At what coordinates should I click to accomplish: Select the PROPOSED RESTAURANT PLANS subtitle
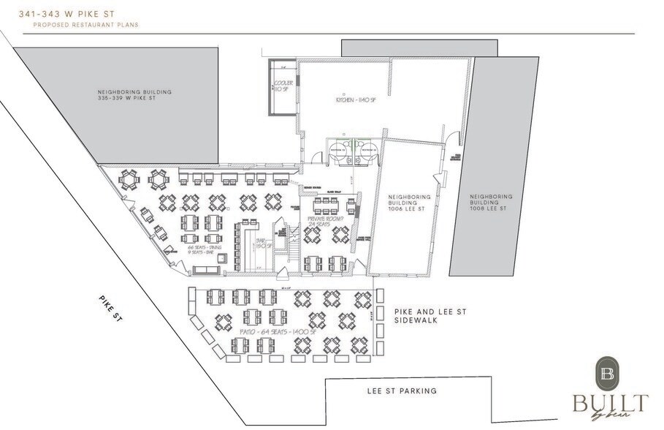coord(85,25)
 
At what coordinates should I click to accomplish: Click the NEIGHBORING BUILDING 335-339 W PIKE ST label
coord(134,96)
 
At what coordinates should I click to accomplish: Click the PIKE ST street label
coord(110,309)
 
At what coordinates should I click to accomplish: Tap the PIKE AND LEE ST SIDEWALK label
coord(430,316)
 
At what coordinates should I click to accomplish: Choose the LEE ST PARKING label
coord(402,391)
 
